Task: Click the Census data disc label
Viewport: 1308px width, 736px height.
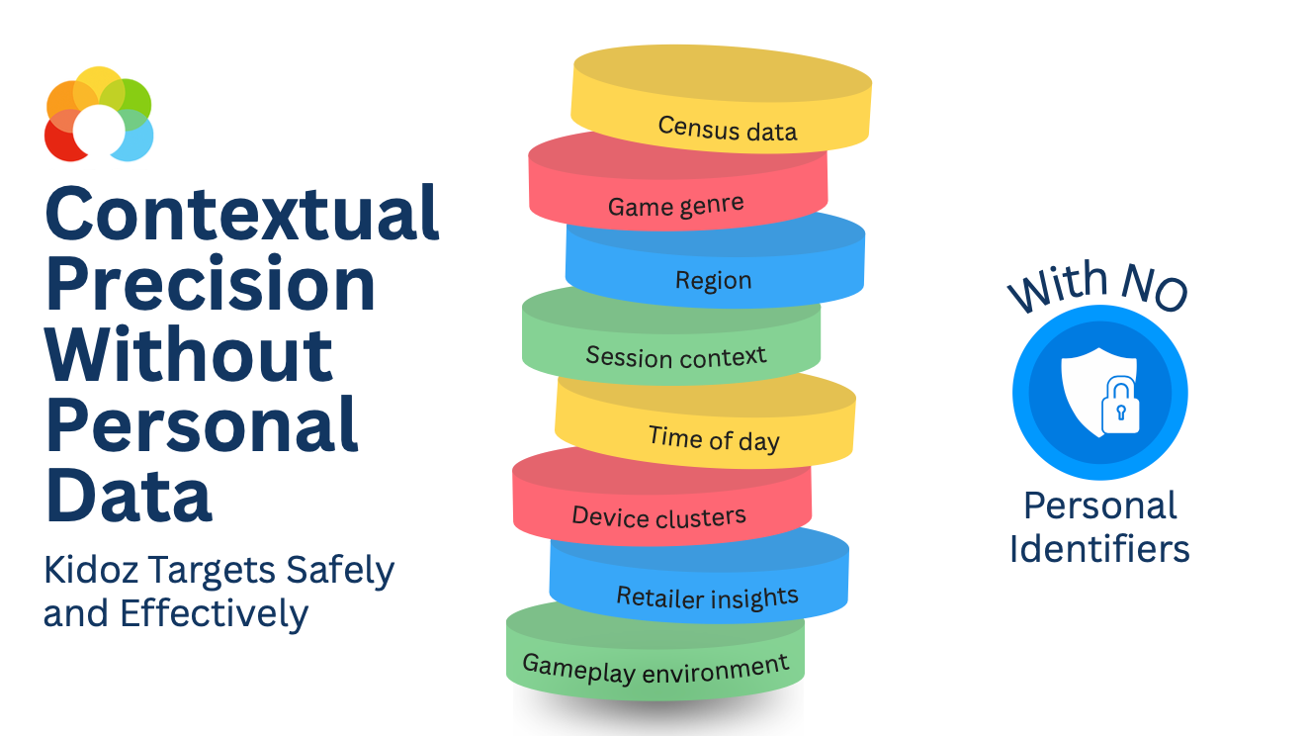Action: click(727, 129)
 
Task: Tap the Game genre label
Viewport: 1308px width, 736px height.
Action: click(675, 206)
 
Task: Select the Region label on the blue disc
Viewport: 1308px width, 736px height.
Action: click(713, 280)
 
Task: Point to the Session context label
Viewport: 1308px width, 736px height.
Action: click(675, 356)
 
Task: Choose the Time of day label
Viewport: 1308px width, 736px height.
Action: click(714, 438)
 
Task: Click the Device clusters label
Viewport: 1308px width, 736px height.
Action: click(658, 516)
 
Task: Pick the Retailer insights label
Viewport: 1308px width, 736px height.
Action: click(707, 597)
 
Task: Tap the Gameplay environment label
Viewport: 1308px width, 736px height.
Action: click(654, 669)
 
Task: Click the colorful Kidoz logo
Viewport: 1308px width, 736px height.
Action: click(99, 114)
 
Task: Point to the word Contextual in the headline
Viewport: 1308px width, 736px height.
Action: click(242, 214)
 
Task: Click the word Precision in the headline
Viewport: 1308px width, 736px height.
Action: click(211, 284)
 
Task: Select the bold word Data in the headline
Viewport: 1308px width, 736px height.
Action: click(129, 495)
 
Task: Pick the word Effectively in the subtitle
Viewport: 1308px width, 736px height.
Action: click(215, 614)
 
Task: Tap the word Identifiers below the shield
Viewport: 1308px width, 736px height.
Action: click(1099, 548)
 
